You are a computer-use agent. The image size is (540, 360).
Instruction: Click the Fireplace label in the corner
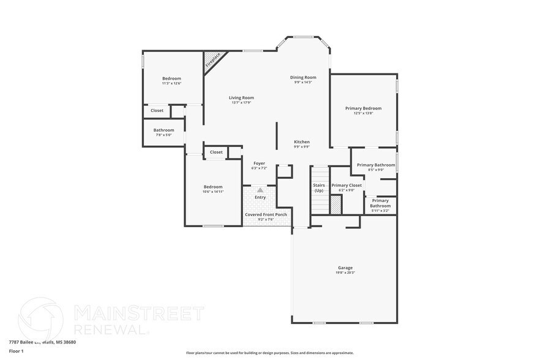pyautogui.click(x=212, y=61)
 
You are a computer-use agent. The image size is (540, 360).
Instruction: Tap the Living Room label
pyautogui.click(x=241, y=98)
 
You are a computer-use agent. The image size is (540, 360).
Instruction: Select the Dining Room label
pyautogui.click(x=303, y=77)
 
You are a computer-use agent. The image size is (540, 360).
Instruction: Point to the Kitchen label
pyautogui.click(x=301, y=142)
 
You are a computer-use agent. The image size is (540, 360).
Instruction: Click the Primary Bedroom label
pyautogui.click(x=363, y=108)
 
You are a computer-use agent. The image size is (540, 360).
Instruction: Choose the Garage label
pyautogui.click(x=345, y=268)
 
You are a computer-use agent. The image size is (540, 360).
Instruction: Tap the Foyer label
pyautogui.click(x=260, y=163)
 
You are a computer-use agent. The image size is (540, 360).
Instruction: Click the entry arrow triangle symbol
pyautogui.click(x=260, y=190)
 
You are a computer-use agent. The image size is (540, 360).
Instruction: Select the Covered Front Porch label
pyautogui.click(x=266, y=215)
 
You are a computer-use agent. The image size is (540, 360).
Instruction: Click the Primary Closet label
pyautogui.click(x=347, y=185)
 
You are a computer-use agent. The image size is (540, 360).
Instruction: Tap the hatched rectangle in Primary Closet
pyautogui.click(x=336, y=205)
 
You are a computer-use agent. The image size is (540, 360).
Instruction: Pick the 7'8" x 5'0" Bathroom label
pyautogui.click(x=163, y=130)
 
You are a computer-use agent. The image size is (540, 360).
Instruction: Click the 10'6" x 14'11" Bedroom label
pyautogui.click(x=213, y=187)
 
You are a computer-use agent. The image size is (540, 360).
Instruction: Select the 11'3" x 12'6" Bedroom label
pyautogui.click(x=171, y=78)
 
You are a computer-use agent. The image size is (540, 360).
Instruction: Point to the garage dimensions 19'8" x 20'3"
pyautogui.click(x=345, y=273)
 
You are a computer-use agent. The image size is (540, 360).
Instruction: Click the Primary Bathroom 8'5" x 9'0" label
pyautogui.click(x=376, y=165)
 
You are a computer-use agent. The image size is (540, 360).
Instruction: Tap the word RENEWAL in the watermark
pyautogui.click(x=111, y=329)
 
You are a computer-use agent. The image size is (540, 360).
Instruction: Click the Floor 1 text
pyautogui.click(x=16, y=351)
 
